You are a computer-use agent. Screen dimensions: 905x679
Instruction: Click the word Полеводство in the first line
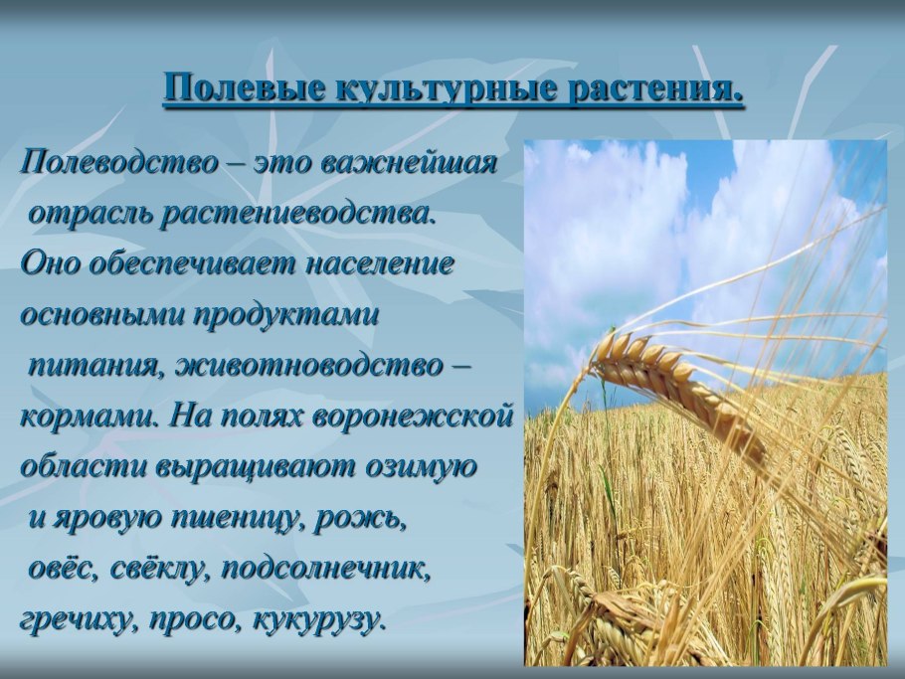119,164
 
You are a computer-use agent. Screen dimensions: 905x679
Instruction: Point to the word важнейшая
408,164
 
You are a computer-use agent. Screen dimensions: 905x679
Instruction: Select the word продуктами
286,317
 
